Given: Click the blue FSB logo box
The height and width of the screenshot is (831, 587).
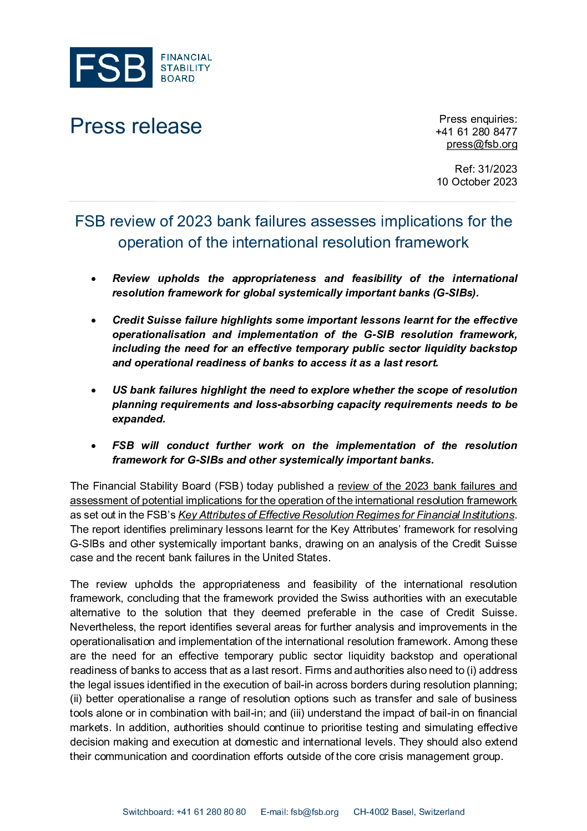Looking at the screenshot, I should (x=111, y=68).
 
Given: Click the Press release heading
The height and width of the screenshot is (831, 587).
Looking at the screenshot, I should (x=136, y=127).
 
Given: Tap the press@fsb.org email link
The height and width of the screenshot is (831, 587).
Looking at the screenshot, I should (x=482, y=144).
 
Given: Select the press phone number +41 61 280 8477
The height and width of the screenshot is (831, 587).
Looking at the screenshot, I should (x=476, y=132).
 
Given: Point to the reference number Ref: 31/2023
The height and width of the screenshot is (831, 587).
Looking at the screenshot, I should (x=485, y=169).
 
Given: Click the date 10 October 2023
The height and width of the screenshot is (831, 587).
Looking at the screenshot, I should (x=477, y=182).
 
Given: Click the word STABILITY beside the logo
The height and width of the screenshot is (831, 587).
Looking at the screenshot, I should (x=185, y=68).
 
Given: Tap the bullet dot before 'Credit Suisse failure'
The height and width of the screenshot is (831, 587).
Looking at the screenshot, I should (x=94, y=321).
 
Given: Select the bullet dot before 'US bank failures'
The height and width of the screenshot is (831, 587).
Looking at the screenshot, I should (x=94, y=391).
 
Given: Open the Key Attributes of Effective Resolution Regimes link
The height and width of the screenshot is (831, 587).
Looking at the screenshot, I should (x=346, y=515).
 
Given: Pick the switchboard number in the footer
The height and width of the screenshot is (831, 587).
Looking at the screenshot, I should (x=211, y=812).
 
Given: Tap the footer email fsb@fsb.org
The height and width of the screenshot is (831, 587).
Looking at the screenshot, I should (x=314, y=812).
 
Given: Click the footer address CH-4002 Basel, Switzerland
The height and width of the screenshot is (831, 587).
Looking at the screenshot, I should (x=409, y=812).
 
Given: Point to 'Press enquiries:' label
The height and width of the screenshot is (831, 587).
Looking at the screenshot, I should (x=478, y=119).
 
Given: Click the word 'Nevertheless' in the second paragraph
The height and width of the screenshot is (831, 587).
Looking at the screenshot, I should (x=102, y=627).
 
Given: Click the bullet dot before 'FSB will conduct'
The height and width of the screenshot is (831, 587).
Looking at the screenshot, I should (x=94, y=446).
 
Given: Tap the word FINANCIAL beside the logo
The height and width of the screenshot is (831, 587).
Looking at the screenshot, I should (x=186, y=57).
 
